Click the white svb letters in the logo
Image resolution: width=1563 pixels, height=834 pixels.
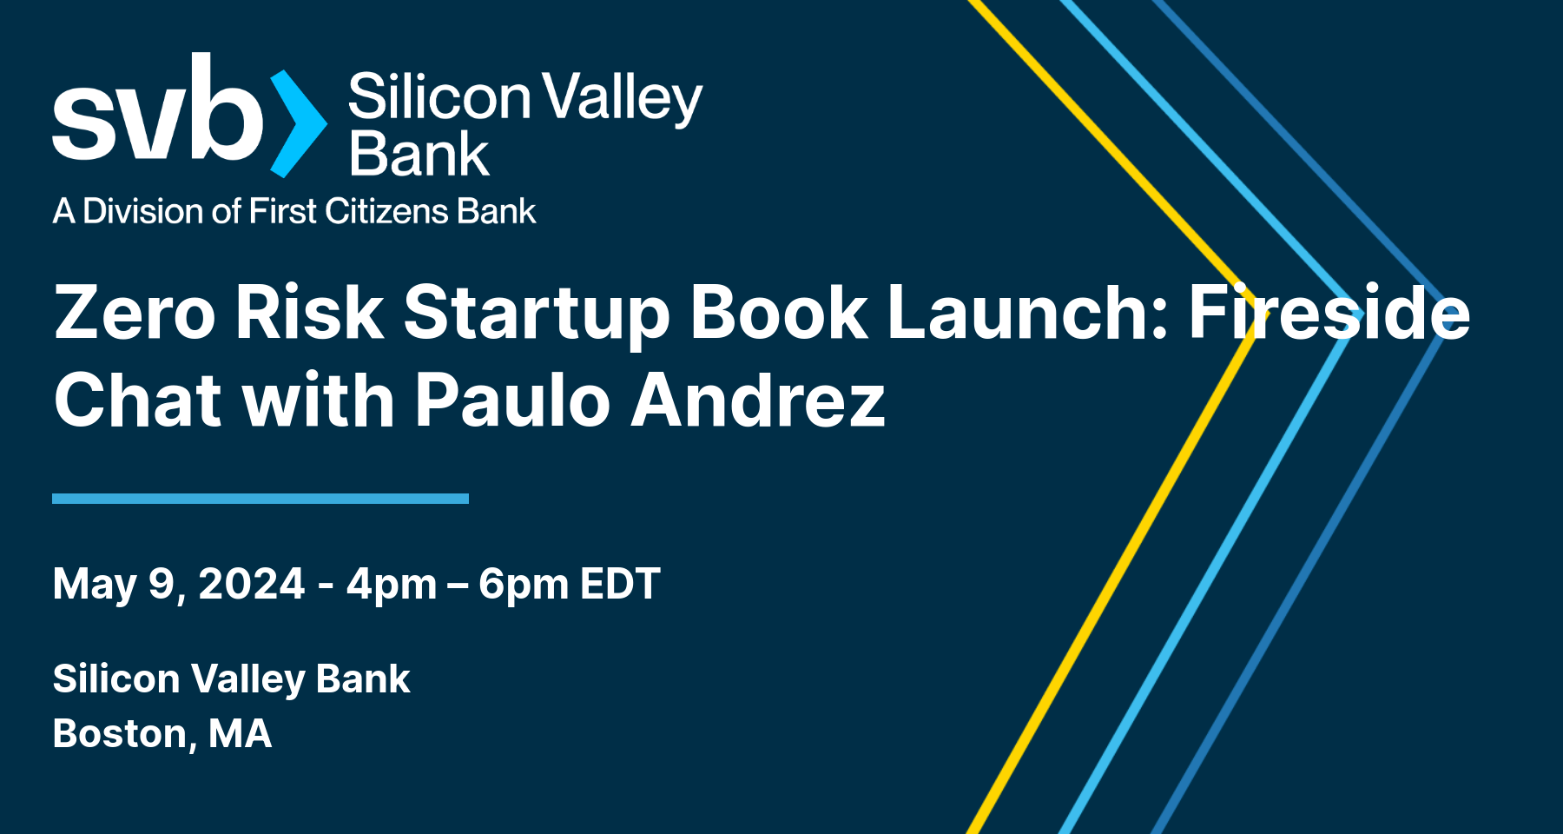tap(156, 113)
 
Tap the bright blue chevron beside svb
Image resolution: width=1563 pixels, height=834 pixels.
tap(298, 123)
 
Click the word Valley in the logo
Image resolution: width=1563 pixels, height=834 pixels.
tap(622, 97)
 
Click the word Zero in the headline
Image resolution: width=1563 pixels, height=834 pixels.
tap(135, 313)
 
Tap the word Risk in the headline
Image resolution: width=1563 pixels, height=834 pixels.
tap(308, 313)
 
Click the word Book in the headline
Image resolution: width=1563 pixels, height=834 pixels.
tap(778, 313)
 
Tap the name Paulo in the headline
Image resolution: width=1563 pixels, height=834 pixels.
tap(512, 400)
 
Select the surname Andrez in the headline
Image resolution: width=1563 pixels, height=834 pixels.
tap(757, 400)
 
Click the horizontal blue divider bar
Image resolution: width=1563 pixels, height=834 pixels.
tap(260, 499)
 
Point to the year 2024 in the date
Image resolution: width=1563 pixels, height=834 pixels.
tap(252, 584)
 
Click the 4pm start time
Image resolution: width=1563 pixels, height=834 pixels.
tap(392, 585)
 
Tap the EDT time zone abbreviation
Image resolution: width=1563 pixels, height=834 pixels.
tap(620, 584)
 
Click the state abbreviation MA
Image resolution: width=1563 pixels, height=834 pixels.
tap(240, 734)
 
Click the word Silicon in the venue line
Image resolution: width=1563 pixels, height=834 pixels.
tap(115, 678)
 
